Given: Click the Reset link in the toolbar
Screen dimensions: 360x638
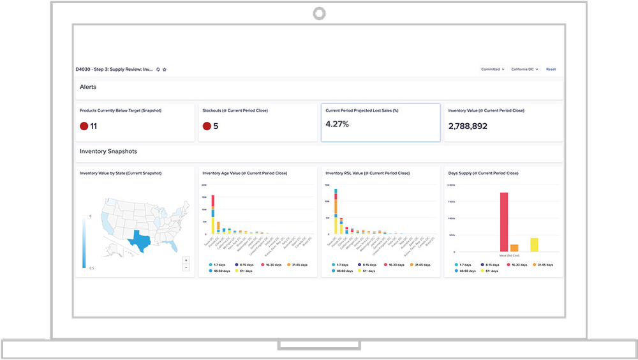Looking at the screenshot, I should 551,69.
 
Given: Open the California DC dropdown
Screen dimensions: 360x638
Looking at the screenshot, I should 524,69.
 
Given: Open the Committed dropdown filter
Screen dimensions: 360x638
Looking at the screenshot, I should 493,69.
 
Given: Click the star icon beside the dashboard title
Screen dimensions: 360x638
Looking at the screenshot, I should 165,69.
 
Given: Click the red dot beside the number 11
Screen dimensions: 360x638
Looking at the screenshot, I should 84,126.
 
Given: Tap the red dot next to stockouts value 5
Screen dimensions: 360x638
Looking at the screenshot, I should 207,126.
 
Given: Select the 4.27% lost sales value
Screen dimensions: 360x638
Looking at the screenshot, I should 337,124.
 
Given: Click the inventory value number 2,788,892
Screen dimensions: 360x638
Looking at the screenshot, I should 468,126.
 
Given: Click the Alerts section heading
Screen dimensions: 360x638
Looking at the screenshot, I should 88,87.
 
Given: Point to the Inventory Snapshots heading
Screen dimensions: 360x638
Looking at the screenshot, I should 108,152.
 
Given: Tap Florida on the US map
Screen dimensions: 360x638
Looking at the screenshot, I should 170,245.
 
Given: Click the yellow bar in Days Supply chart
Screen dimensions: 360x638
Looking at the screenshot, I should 534,244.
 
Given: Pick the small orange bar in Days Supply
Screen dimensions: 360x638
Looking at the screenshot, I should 514,248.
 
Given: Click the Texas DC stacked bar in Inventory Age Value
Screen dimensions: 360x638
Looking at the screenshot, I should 212,215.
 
